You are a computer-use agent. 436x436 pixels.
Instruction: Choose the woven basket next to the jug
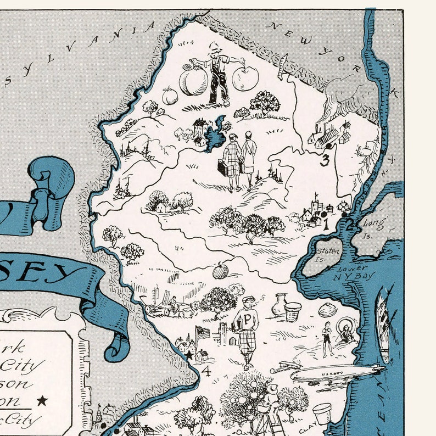pos(293,311)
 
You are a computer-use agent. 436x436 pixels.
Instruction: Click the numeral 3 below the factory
pos(325,161)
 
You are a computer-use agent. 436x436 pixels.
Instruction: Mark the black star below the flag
pos(189,355)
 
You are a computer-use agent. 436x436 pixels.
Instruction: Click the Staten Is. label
pos(327,254)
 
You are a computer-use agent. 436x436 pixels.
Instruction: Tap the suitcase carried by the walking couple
pos(222,167)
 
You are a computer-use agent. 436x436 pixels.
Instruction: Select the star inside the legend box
pos(42,401)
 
